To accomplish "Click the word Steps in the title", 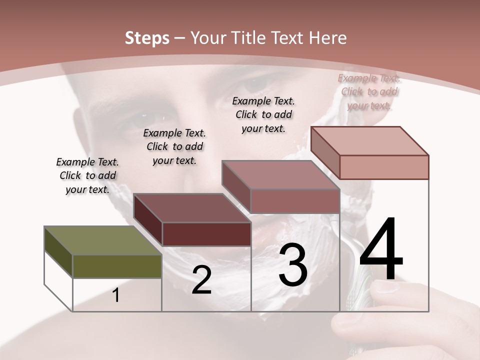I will point(147,38).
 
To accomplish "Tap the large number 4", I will point(381,249).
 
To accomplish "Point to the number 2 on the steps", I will point(201,280).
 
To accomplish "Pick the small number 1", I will point(116,295).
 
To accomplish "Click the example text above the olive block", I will point(87,175).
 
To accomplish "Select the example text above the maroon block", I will point(174,146).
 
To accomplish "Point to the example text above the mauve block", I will point(263,114).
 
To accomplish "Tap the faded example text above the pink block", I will point(369,91).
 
